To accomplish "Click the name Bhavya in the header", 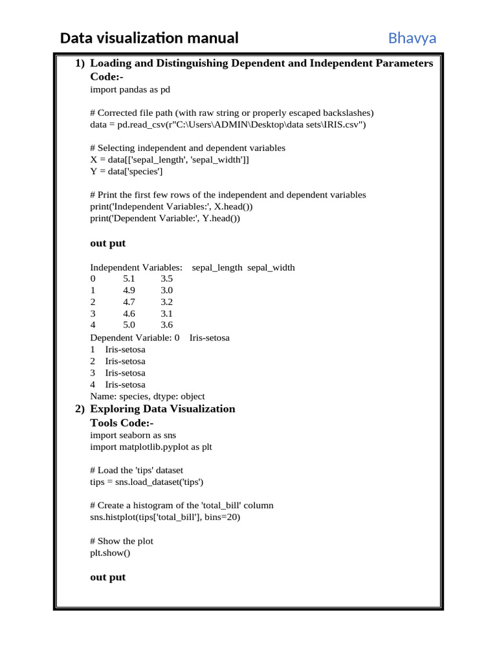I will (412, 38).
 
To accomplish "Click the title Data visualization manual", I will (149, 38).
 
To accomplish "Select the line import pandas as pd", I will (130, 89).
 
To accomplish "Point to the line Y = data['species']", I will (126, 172).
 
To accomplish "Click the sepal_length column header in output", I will (217, 267).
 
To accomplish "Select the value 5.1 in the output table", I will (129, 279).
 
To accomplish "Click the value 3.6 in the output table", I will (167, 325).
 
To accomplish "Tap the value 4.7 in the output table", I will (129, 302).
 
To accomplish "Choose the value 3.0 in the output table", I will (167, 291).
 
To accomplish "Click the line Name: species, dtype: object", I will (148, 396).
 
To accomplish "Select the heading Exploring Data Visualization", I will (162, 409).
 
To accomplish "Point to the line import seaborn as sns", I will (133, 435).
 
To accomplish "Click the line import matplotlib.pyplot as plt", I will (151, 447).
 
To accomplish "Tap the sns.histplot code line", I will (165, 517).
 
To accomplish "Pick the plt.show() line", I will (110, 553).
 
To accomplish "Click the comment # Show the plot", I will (122, 541).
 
